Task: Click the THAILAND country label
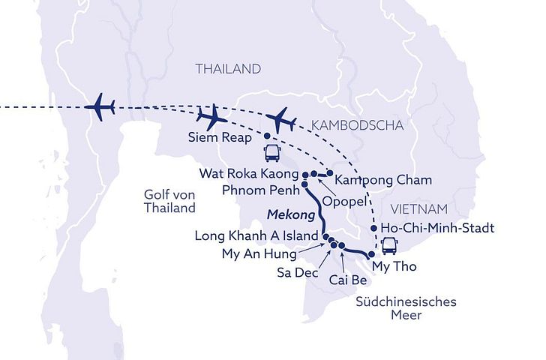(x=228, y=69)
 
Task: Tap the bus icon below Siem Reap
(x=271, y=154)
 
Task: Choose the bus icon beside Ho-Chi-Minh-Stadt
(x=390, y=245)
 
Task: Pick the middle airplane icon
(x=211, y=117)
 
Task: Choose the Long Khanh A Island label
(x=255, y=236)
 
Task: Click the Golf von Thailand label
(x=169, y=201)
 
